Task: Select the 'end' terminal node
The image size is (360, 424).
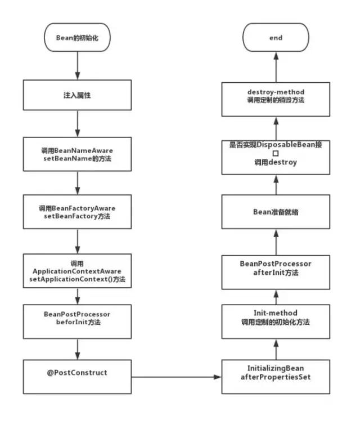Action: (275, 38)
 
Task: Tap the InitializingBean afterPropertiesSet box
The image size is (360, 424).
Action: (275, 372)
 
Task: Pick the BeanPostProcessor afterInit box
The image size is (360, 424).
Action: (275, 268)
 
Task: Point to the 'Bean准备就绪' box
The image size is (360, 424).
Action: (275, 213)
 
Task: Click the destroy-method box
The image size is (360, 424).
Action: (275, 95)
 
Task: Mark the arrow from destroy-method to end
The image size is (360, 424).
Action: (275, 65)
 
